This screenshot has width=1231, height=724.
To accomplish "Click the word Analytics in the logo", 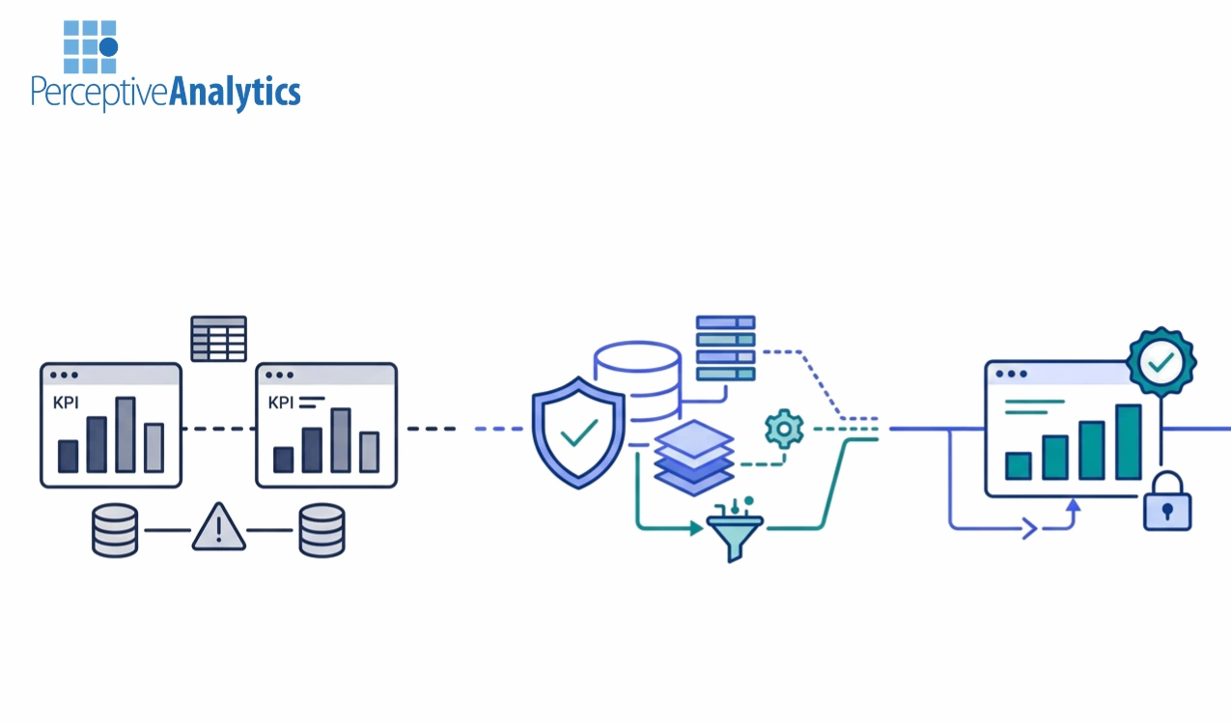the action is [235, 93].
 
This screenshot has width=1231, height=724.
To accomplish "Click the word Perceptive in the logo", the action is [99, 94].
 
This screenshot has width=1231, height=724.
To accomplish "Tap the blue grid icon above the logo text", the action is [90, 47].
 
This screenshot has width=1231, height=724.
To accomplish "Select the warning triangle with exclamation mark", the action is [219, 527].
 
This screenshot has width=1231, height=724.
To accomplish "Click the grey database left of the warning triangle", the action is [115, 530].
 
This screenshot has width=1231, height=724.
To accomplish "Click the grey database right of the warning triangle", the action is [322, 530].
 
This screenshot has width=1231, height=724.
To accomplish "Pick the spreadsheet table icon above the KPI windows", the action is [218, 338].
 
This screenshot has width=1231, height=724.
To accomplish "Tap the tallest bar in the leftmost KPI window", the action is [126, 434].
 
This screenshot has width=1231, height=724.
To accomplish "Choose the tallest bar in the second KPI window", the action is [340, 440].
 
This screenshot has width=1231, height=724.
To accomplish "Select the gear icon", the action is [783, 428].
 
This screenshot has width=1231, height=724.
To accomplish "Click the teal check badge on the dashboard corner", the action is [1161, 363].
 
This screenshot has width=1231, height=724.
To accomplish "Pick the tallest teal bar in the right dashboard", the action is [1128, 441].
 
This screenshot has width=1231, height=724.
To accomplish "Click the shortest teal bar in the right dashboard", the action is [1019, 465].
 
